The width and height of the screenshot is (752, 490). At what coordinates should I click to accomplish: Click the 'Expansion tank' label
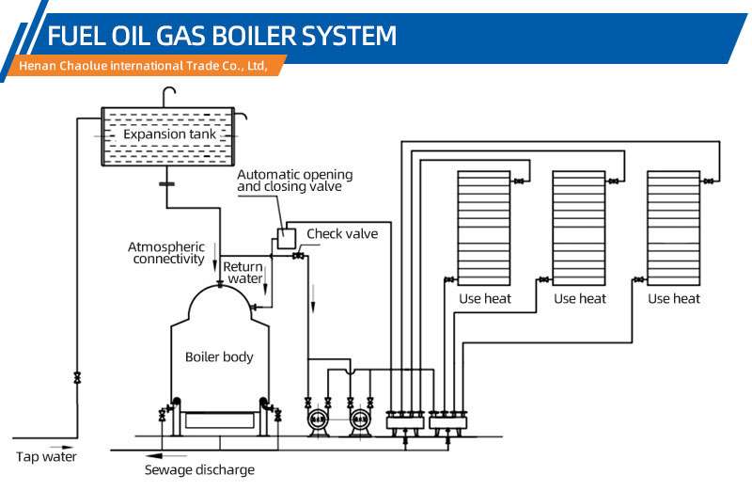pos(169,134)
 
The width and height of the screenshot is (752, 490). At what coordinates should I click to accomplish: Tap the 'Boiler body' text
pos(219,356)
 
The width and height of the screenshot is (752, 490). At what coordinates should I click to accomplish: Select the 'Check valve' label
pos(342,234)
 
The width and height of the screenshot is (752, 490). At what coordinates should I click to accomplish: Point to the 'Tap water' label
pos(46,456)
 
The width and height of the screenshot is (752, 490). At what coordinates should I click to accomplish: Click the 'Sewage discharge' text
pos(199,470)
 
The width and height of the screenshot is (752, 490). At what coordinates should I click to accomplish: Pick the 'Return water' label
pos(243,273)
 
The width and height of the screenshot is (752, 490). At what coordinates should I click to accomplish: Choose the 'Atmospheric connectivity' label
pos(166,253)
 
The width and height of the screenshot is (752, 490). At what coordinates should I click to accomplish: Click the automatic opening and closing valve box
pos(287,239)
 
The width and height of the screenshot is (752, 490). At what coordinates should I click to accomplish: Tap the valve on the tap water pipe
pos(77,378)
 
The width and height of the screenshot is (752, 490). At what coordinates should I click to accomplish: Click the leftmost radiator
pos(484,229)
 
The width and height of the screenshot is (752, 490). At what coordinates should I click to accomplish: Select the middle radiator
pos(579,229)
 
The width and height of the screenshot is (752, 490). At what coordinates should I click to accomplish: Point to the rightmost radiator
pos(673,229)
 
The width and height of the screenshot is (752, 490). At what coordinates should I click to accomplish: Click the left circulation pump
pos(317,421)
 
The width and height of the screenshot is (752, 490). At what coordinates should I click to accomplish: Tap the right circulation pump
pos(359,421)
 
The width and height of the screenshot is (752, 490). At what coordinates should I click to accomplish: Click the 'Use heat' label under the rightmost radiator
pos(674,298)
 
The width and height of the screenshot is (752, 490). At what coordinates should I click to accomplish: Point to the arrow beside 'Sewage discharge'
pos(161,455)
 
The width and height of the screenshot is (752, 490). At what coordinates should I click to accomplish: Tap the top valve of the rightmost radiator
pos(709,182)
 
